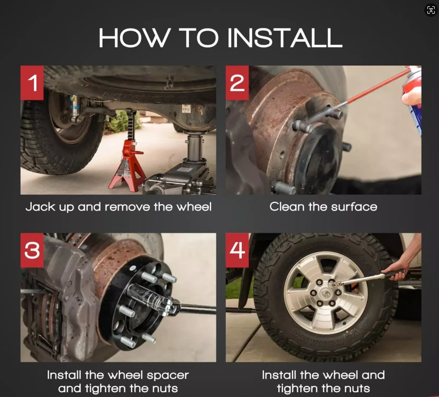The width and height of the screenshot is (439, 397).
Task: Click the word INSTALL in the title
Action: point(285,38)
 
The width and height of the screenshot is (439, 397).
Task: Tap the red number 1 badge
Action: point(32,83)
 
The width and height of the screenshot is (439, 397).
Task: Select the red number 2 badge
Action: point(237,83)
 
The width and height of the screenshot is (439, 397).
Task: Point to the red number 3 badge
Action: point(32,250)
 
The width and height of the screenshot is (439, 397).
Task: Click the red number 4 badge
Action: point(237,250)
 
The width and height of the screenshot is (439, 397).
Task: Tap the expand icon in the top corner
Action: point(431,10)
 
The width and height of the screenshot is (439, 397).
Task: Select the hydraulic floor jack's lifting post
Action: point(194,147)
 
